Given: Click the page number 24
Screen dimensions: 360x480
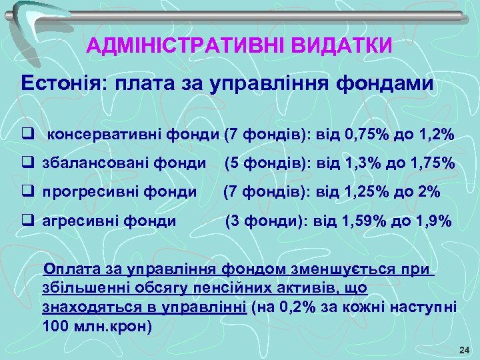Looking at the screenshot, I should pyautogui.click(x=465, y=350).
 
